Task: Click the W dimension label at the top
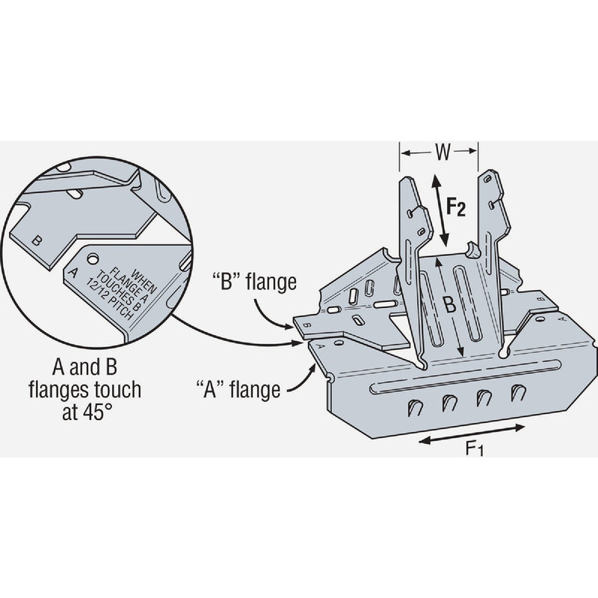[442, 153]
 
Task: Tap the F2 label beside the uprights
[455, 206]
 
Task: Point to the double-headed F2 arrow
[440, 209]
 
